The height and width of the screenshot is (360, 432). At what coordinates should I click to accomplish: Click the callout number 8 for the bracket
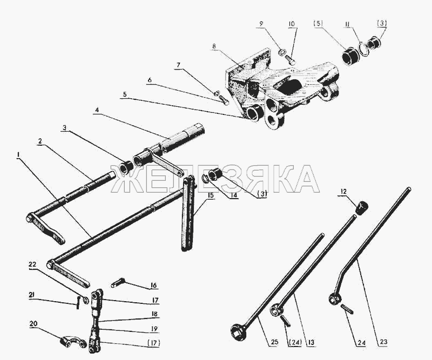tap(214, 46)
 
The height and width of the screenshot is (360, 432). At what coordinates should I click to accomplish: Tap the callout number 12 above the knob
tap(343, 192)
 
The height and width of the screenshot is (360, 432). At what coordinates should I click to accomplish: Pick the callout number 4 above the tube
tap(97, 111)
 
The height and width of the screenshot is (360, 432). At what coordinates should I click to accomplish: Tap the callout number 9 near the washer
tap(261, 24)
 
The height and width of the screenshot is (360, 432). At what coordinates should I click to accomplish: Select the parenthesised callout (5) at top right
tap(318, 24)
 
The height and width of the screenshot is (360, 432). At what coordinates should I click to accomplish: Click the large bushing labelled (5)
tap(350, 57)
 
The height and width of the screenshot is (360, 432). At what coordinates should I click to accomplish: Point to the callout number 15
tap(211, 195)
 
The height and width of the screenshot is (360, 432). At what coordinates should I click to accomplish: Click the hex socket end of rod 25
tap(238, 331)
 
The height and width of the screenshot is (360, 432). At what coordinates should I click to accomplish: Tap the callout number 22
tap(32, 264)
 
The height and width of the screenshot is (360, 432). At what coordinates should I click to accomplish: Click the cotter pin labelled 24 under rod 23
tap(347, 309)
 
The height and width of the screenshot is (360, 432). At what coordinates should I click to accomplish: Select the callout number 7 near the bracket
tap(178, 65)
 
